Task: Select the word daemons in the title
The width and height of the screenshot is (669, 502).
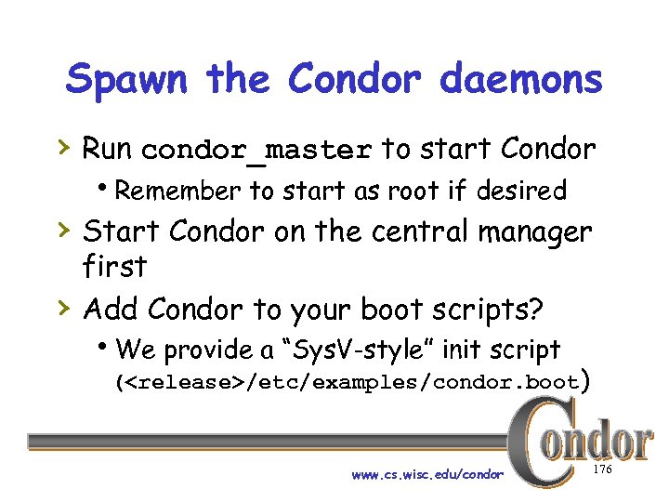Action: click(x=520, y=79)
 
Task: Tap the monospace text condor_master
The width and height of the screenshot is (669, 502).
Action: click(x=257, y=150)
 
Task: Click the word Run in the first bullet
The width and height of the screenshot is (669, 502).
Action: click(x=108, y=148)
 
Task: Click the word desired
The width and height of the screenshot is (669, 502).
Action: click(x=520, y=191)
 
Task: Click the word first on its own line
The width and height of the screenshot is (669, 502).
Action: click(x=115, y=267)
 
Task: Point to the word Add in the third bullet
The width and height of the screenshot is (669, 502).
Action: click(x=111, y=307)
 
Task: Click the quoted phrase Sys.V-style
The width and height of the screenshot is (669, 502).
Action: click(x=352, y=350)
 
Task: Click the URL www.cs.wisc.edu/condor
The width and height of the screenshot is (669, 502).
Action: click(x=427, y=475)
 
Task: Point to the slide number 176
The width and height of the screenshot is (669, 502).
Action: click(x=601, y=471)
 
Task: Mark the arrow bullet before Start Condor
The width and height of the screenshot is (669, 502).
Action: click(x=66, y=229)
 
